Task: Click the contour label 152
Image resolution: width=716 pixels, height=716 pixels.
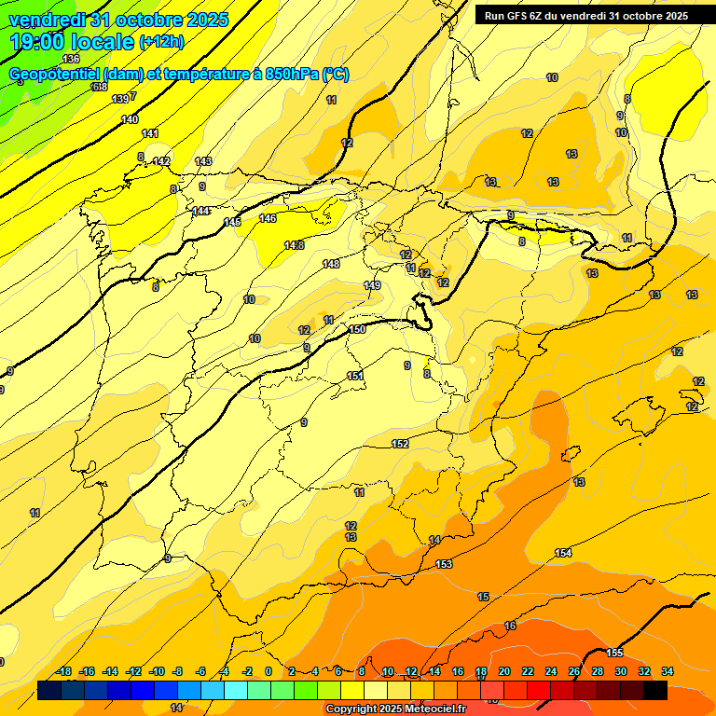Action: pos(400,444)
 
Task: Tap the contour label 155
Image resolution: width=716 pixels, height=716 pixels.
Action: pos(614,653)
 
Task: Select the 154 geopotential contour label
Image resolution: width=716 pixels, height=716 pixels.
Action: pos(563,553)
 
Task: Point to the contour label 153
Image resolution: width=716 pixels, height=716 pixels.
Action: pos(444,564)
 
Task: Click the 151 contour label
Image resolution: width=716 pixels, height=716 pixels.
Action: pos(354,376)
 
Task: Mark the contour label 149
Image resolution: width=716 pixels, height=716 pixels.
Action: pos(372,285)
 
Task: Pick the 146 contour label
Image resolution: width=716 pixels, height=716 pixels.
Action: pos(268,218)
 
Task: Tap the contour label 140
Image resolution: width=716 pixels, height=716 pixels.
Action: pos(130,119)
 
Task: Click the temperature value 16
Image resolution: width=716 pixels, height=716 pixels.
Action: pos(510,626)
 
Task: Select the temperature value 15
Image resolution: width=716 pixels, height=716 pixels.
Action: pos(483,597)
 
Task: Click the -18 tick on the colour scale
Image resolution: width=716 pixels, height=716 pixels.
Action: pos(64,671)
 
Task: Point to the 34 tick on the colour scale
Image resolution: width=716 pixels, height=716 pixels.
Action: pos(668,671)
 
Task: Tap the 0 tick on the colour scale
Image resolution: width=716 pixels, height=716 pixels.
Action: pos(268,671)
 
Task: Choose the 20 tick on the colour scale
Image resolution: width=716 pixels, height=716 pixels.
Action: pos(504,671)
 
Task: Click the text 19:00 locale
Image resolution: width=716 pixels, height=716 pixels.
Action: pos(72,41)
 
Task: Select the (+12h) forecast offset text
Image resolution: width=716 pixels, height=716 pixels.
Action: pos(161,42)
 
